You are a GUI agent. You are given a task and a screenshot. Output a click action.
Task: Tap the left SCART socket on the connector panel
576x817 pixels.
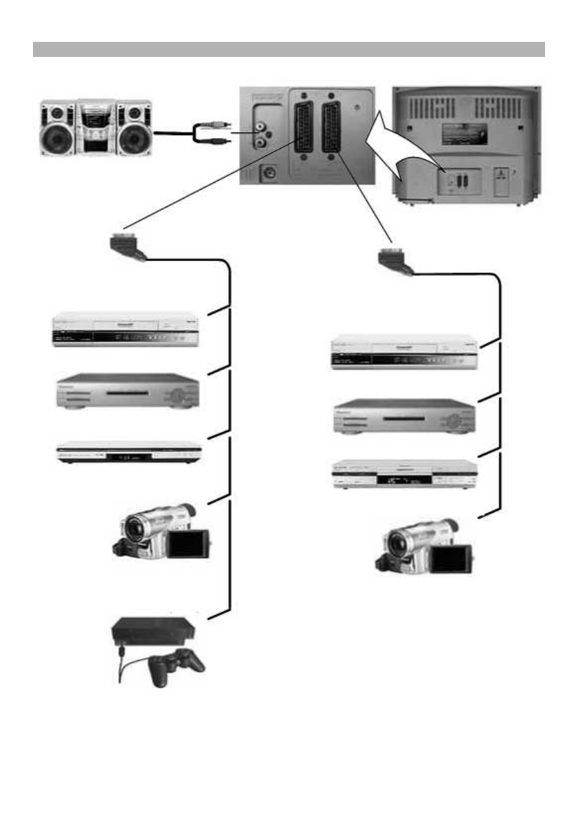pos(303,128)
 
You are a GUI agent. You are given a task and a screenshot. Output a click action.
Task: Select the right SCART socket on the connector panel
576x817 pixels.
pos(331,128)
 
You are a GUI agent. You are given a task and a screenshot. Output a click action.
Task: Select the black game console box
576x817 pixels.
pos(153,630)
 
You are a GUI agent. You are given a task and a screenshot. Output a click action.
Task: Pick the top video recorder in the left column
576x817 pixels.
pos(126,330)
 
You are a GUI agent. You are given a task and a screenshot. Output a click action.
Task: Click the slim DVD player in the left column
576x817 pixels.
pos(128,453)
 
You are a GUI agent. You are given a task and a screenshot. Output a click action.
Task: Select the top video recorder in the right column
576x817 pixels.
pos(404,353)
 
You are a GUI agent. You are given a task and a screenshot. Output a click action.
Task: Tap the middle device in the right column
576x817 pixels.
pos(404,416)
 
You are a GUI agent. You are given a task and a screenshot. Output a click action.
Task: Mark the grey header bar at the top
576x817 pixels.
pos(289,49)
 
